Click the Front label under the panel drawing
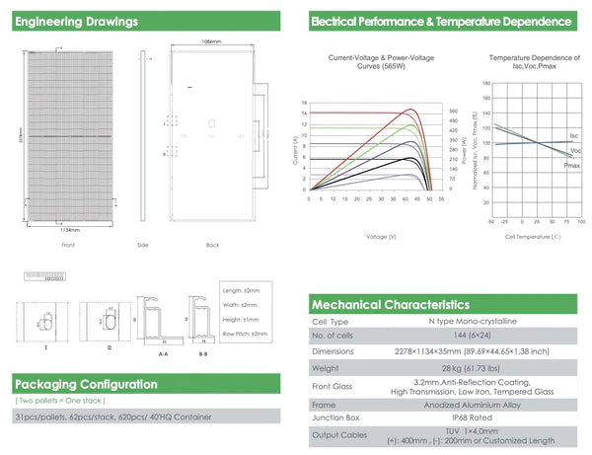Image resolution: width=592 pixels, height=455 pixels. click(x=68, y=244)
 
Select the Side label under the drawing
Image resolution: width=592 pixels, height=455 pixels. click(x=142, y=244)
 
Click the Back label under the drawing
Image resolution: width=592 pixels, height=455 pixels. click(x=212, y=244)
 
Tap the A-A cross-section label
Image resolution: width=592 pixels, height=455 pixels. click(x=163, y=349)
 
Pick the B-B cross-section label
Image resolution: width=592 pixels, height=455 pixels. click(x=202, y=349)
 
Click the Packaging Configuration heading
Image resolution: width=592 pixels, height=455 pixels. click(x=86, y=384)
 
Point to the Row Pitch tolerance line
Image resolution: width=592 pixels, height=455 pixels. click(x=246, y=334)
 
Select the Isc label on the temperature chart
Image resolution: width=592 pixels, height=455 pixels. click(x=573, y=134)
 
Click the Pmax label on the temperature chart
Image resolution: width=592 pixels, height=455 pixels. click(x=571, y=165)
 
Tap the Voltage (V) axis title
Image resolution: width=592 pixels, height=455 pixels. click(x=381, y=237)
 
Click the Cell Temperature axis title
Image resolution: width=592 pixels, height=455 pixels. click(x=532, y=237)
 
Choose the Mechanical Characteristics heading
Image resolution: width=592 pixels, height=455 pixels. click(x=391, y=305)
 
